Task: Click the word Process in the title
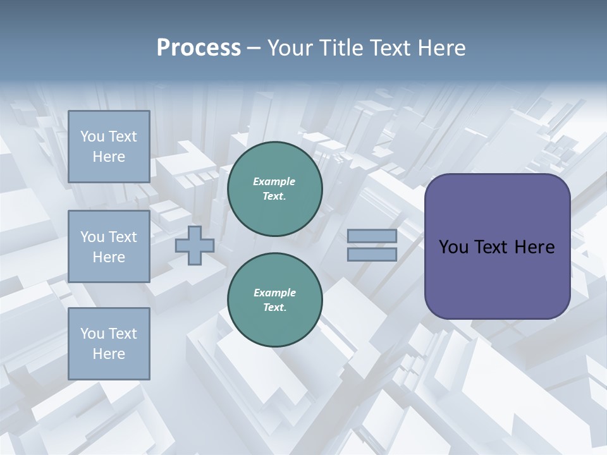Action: pyautogui.click(x=199, y=48)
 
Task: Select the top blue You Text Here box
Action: pyautogui.click(x=109, y=147)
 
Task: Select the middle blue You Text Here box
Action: pyautogui.click(x=109, y=246)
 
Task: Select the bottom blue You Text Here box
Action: pyautogui.click(x=109, y=344)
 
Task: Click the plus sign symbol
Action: pyautogui.click(x=195, y=245)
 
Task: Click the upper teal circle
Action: pyautogui.click(x=275, y=189)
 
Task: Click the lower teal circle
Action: pyautogui.click(x=275, y=300)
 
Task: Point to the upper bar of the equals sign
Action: pyautogui.click(x=372, y=236)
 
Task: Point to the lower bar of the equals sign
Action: pyautogui.click(x=372, y=254)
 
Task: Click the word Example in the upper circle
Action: pyautogui.click(x=274, y=181)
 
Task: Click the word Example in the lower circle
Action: pyautogui.click(x=274, y=293)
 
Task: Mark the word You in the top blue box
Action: pyautogui.click(x=92, y=136)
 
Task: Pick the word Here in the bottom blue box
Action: pyautogui.click(x=109, y=354)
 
